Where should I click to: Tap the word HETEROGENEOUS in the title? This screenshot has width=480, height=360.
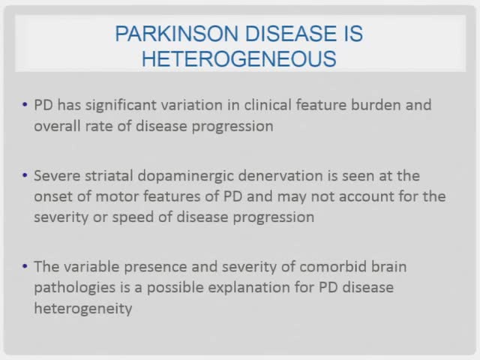pos(240,58)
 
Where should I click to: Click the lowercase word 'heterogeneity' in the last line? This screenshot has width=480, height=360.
pos(82,308)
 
